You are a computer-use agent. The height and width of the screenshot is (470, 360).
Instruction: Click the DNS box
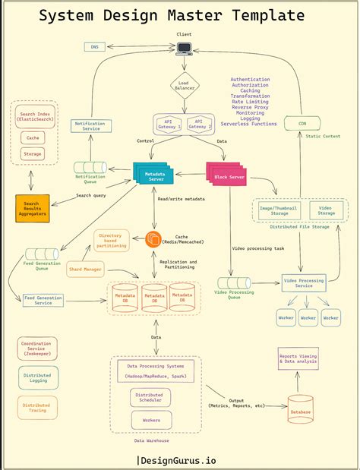point(94,47)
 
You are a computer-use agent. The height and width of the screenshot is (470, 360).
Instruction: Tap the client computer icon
point(184,49)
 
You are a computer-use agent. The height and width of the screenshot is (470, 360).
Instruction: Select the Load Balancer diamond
point(184,85)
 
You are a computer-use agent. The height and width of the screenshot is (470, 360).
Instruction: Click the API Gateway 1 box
point(169,124)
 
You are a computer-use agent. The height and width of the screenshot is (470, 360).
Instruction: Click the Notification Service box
point(93,126)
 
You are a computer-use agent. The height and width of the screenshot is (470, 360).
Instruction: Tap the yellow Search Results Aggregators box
point(32,208)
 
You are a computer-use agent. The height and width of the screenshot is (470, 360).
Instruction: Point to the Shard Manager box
point(84,269)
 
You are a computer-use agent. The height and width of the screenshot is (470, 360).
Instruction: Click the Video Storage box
point(325,210)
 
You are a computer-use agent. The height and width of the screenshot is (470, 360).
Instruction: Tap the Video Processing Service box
point(304,282)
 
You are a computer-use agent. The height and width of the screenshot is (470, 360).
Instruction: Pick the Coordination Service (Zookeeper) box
point(36,349)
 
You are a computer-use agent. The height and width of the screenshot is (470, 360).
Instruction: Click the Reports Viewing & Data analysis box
point(298,358)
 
